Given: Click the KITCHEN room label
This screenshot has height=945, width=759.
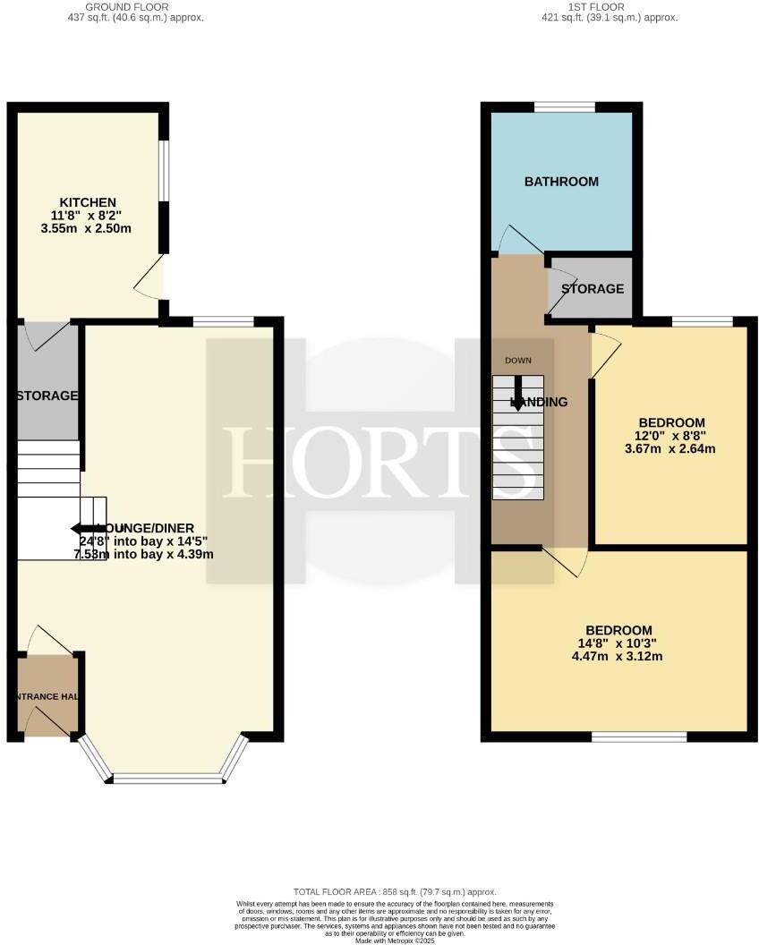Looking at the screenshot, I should pyautogui.click(x=88, y=201).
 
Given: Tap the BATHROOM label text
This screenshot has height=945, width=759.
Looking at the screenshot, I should pyautogui.click(x=561, y=182).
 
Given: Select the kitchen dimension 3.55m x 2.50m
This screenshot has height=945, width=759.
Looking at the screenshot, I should pyautogui.click(x=89, y=228).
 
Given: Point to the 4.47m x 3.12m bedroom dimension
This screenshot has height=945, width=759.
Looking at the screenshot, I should pyautogui.click(x=618, y=657).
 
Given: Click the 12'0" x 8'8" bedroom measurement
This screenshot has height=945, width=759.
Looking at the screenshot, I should pyautogui.click(x=671, y=436).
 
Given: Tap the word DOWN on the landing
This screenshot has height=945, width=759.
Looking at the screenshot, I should pyautogui.click(x=518, y=361).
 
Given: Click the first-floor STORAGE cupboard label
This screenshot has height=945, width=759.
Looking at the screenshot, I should pyautogui.click(x=593, y=289).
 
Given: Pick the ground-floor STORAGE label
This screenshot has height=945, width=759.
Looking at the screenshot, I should pyautogui.click(x=47, y=396).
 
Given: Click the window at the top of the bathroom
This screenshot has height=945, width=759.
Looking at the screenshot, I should pyautogui.click(x=565, y=107).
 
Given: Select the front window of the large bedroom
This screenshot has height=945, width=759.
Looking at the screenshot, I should pyautogui.click(x=639, y=736).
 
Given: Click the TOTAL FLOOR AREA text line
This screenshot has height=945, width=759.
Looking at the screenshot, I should pyautogui.click(x=395, y=892).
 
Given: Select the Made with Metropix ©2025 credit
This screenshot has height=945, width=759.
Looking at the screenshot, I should pyautogui.click(x=394, y=941).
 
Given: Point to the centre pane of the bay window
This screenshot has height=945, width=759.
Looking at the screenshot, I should pyautogui.click(x=167, y=779).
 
